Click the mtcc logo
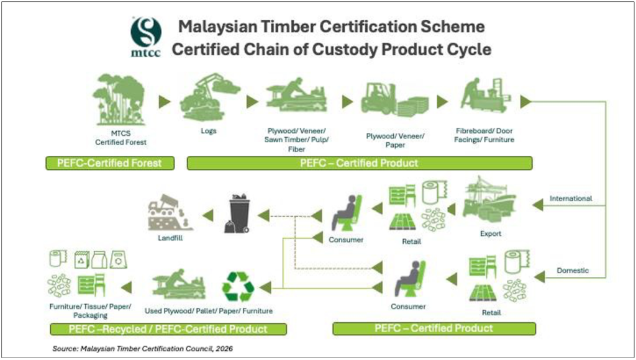146,37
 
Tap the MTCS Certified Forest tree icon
119,99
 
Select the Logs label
209,131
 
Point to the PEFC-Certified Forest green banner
110,163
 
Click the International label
571,198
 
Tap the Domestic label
573,271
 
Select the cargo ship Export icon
489,199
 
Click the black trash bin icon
238,214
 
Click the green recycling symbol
238,287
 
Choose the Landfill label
170,238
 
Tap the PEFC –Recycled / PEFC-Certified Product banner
168,329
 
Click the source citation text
143,349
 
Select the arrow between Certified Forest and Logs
164,102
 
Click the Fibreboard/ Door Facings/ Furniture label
484,135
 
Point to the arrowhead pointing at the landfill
208,215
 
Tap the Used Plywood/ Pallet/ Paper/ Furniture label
209,311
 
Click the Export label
491,233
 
